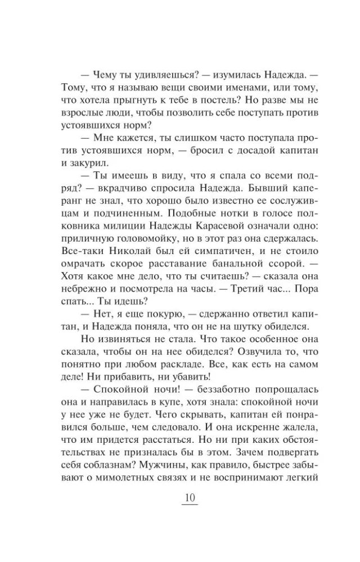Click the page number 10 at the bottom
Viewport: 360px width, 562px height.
point(189,498)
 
